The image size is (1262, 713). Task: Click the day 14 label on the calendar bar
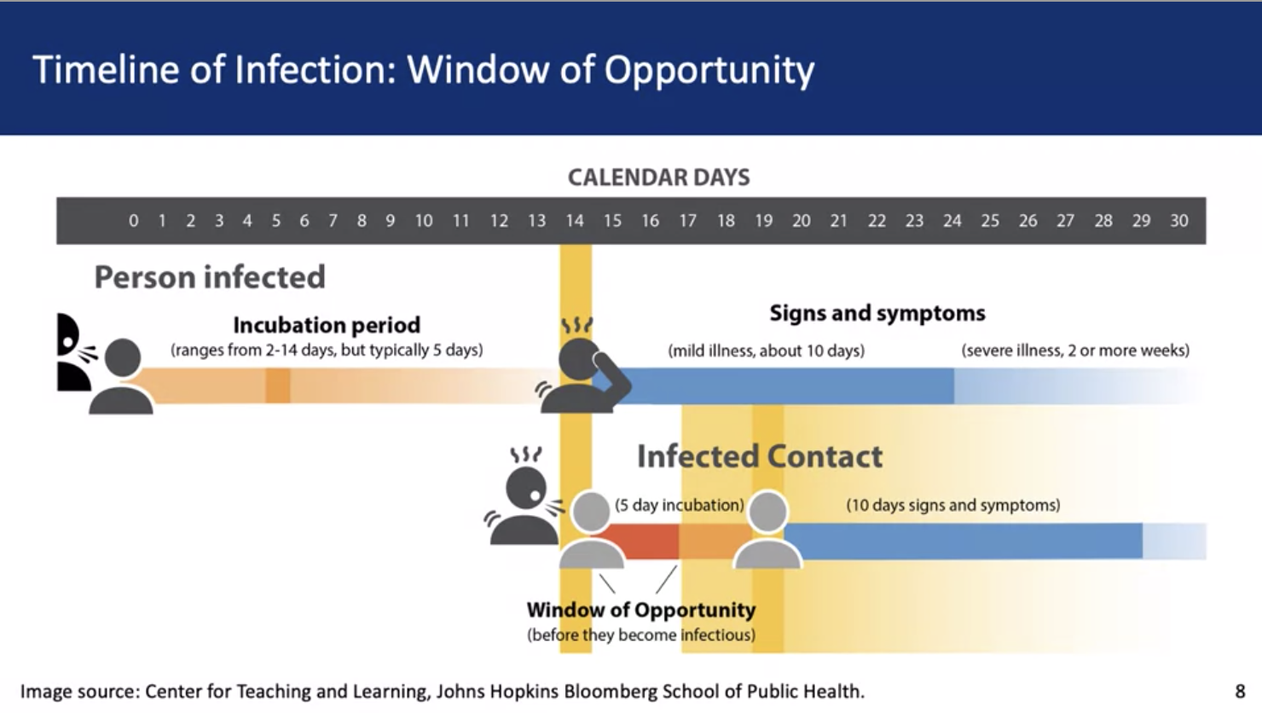pyautogui.click(x=575, y=220)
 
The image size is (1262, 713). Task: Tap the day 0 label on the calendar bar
pyautogui.click(x=134, y=220)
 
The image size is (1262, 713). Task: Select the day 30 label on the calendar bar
pyautogui.click(x=1179, y=220)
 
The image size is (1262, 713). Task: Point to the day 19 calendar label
pyautogui.click(x=763, y=220)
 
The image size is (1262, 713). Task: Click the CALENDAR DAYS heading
pyautogui.click(x=658, y=177)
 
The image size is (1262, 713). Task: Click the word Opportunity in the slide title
pyautogui.click(x=709, y=71)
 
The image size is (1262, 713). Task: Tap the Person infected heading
pyautogui.click(x=210, y=277)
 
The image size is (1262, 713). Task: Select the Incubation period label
pyautogui.click(x=327, y=325)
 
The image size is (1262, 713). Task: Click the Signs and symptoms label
pyautogui.click(x=877, y=313)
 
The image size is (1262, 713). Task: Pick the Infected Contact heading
pyautogui.click(x=760, y=456)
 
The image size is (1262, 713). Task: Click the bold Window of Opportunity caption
pyautogui.click(x=641, y=610)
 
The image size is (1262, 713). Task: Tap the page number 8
pyautogui.click(x=1240, y=691)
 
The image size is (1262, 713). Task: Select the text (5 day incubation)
pyautogui.click(x=680, y=505)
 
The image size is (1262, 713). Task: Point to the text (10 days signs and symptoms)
pyautogui.click(x=953, y=505)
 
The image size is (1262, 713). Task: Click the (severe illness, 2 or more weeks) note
pyautogui.click(x=1075, y=351)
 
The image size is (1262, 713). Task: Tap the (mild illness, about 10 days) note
pyautogui.click(x=767, y=351)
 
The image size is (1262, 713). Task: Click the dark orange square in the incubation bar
pyautogui.click(x=278, y=385)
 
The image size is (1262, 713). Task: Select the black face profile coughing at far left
pyautogui.click(x=72, y=352)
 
